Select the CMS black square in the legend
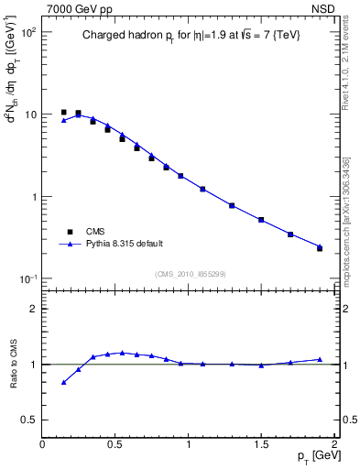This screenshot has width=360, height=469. coord(64,232)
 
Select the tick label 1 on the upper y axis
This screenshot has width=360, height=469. coord(34,197)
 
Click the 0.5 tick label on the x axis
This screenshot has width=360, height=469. coord(115,444)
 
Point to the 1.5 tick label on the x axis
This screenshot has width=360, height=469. coord(262,444)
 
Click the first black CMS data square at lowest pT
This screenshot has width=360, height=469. coord(63,113)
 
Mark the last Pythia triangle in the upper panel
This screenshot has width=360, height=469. coord(320,246)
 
